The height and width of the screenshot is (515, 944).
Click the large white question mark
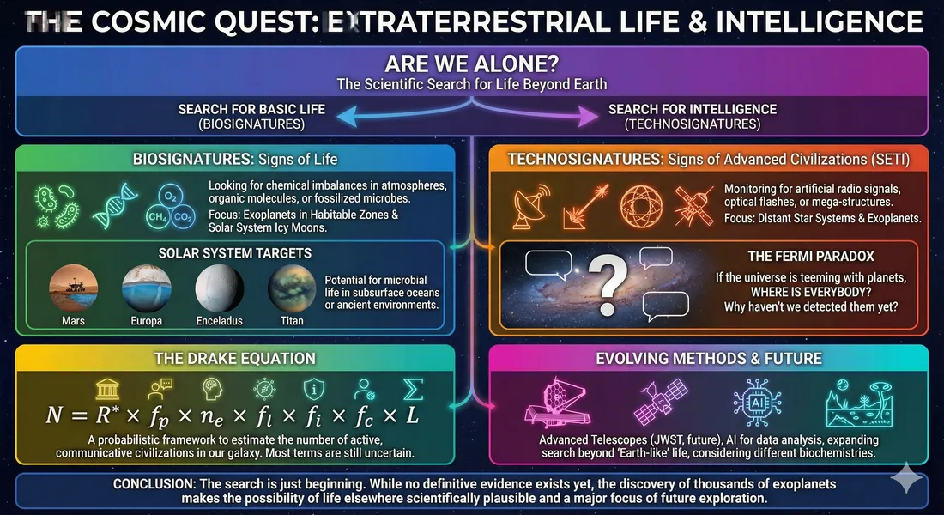(x=611, y=281)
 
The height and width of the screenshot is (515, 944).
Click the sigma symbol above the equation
(x=414, y=388)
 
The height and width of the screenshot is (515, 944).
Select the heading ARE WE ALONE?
(x=471, y=65)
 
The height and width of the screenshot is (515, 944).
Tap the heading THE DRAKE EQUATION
(x=236, y=358)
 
